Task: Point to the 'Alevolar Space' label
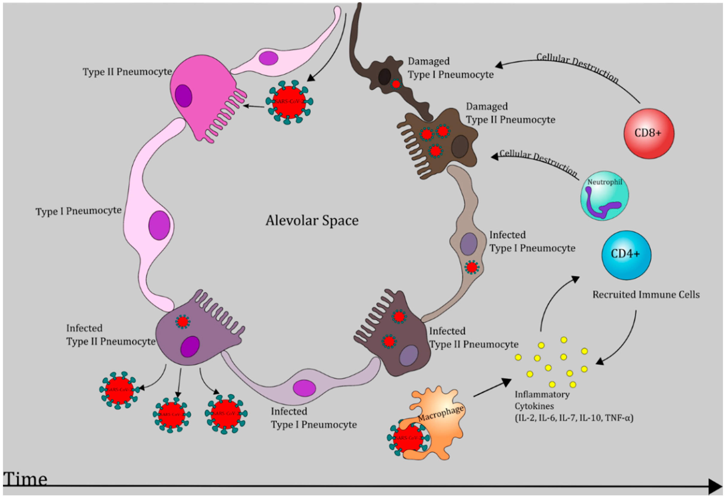pyautogui.click(x=312, y=221)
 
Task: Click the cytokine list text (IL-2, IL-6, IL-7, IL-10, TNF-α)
pyautogui.click(x=574, y=418)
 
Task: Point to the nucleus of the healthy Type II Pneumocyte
pyautogui.click(x=183, y=96)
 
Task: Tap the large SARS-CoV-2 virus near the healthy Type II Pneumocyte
pyautogui.click(x=289, y=102)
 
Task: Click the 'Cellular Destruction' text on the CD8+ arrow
pyautogui.click(x=577, y=67)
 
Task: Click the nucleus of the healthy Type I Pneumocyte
pyautogui.click(x=159, y=225)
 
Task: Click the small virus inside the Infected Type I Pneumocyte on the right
pyautogui.click(x=471, y=268)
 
